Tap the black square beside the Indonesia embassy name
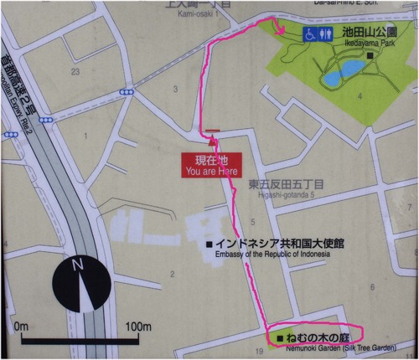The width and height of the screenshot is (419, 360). [210, 244]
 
